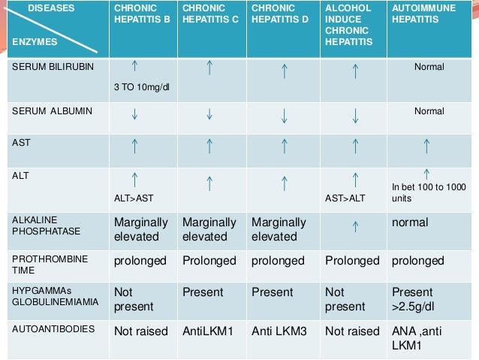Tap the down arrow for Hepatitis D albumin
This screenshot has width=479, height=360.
tap(285, 116)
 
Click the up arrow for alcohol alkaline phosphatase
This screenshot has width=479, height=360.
tap(354, 223)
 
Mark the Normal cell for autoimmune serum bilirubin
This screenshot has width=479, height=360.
tap(429, 67)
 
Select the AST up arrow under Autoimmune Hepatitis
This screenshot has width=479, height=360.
tap(426, 146)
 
